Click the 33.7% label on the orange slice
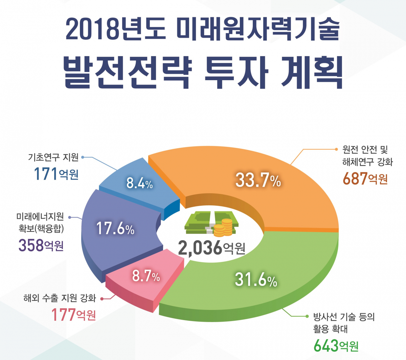point(258,180)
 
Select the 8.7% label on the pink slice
point(146,276)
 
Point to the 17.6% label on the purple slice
point(115,228)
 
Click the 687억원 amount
point(365,178)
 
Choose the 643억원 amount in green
point(336,345)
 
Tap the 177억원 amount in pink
point(73,315)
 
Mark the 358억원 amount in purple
point(41,245)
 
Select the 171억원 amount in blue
point(56,174)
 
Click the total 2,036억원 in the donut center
point(211,248)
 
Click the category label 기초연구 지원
point(53,157)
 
